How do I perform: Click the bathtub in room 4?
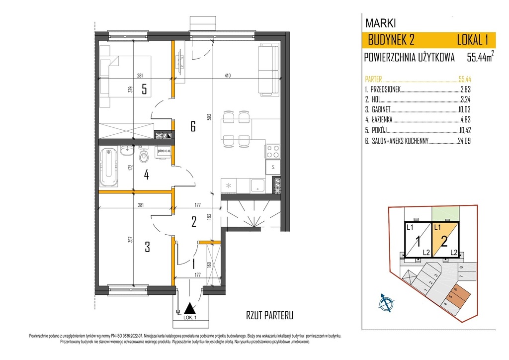pyautogui.click(x=108, y=167)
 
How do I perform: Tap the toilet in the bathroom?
pyautogui.click(x=144, y=156)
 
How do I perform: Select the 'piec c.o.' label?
pyautogui.click(x=164, y=151)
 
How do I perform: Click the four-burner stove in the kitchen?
pyautogui.click(x=272, y=152)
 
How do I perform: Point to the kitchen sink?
pyautogui.click(x=258, y=186)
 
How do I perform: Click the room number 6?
pyautogui.click(x=193, y=126)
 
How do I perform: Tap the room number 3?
pyautogui.click(x=147, y=247)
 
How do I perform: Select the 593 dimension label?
pyautogui.click(x=209, y=117)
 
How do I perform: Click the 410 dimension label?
pyautogui.click(x=227, y=76)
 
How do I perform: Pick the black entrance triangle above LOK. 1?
pyautogui.click(x=189, y=308)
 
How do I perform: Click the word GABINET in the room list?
pyautogui.click(x=381, y=109)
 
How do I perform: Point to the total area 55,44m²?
pyautogui.click(x=481, y=57)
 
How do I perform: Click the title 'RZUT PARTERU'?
pyautogui.click(x=270, y=315)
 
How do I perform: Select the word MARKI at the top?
pyautogui.click(x=380, y=23)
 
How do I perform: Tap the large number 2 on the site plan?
pyautogui.click(x=444, y=242)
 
